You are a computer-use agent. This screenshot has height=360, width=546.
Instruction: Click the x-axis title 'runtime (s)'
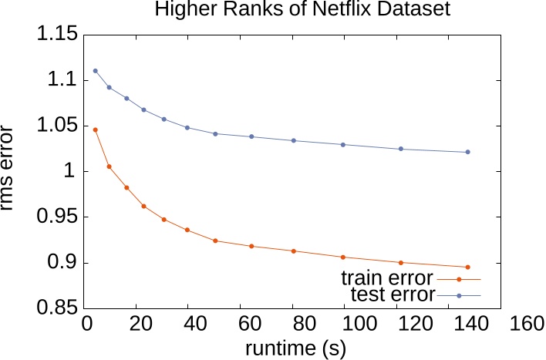(295, 347)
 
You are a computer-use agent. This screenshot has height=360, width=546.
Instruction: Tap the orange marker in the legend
(459, 279)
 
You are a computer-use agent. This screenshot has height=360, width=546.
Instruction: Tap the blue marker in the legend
(459, 295)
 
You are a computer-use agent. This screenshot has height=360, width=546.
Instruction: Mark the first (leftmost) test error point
(95, 71)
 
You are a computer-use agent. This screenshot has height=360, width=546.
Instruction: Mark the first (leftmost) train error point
(95, 130)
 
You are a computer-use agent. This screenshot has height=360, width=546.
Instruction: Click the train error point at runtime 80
(294, 251)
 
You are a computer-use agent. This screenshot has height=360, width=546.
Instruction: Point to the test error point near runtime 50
(215, 134)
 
